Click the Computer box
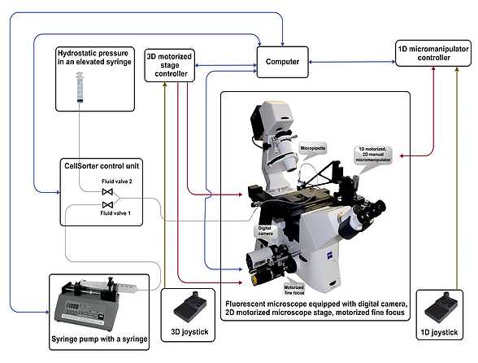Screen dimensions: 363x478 point(284,61)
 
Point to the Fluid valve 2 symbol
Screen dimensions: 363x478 point(106,192)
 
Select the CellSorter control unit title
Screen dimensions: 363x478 point(98,166)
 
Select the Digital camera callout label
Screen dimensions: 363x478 point(265,231)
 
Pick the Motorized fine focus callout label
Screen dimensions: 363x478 point(294,289)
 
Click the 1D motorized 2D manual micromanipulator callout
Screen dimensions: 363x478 point(373,155)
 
